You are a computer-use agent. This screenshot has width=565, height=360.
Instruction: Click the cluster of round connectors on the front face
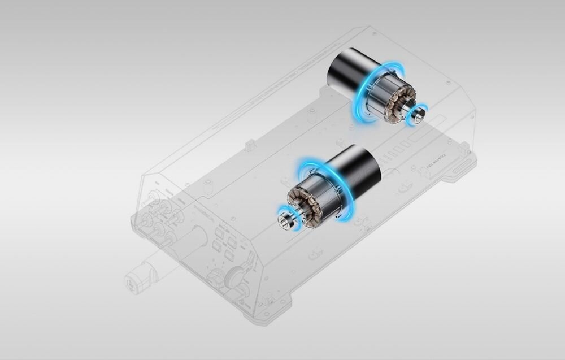pyautogui.click(x=161, y=218)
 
